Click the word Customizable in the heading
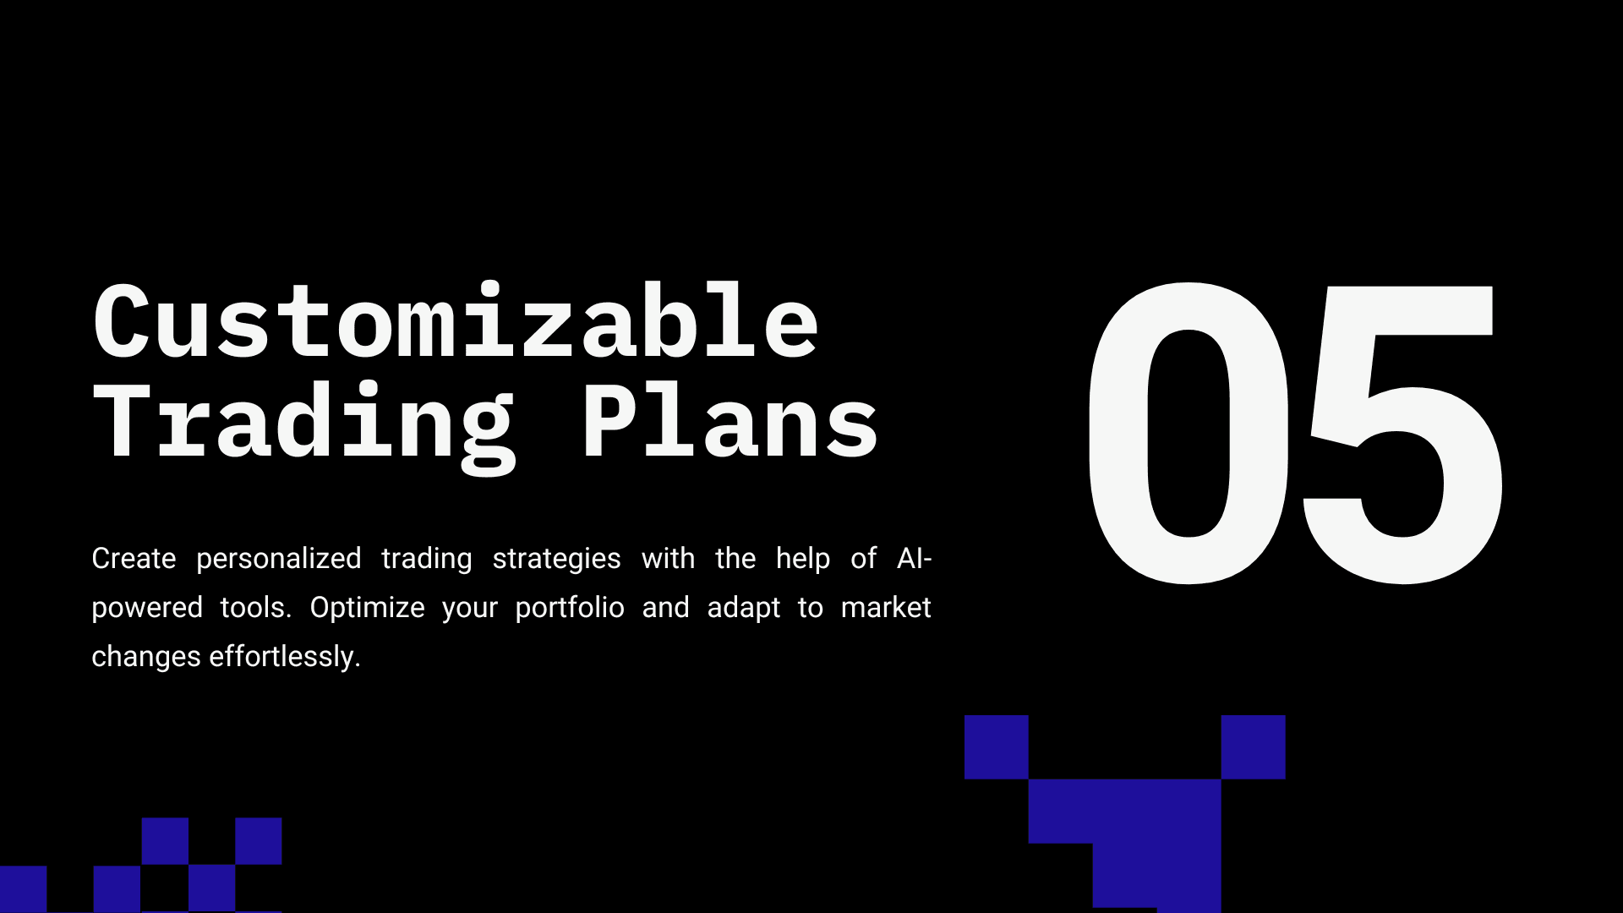[x=456, y=321]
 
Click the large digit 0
[x=1189, y=433]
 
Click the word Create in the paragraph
[x=134, y=559]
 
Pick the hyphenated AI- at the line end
[x=915, y=559]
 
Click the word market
[x=886, y=608]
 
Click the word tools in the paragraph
[x=255, y=608]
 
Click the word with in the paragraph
[x=668, y=559]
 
